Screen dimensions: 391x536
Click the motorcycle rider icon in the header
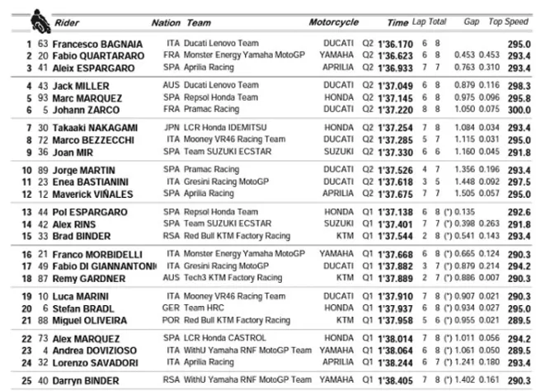(37, 17)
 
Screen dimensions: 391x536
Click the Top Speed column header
(508, 22)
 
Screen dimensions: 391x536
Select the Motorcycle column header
(334, 22)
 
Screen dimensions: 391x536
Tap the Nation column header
(166, 22)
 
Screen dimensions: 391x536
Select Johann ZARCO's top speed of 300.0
(518, 109)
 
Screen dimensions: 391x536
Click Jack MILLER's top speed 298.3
(518, 85)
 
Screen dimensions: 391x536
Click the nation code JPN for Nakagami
(172, 129)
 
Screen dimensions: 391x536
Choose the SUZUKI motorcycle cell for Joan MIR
(341, 153)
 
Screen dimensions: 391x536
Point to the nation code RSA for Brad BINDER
(172, 236)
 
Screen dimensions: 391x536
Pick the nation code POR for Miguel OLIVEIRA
(172, 320)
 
